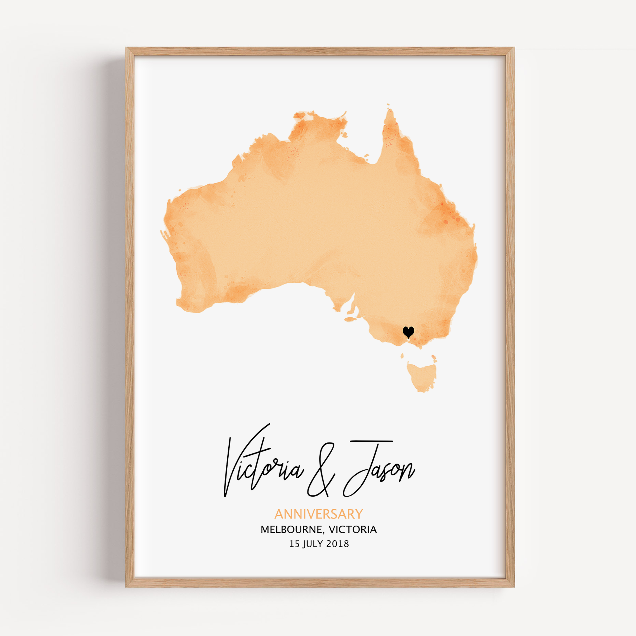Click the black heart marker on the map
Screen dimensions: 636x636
[408, 331]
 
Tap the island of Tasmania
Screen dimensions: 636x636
[422, 375]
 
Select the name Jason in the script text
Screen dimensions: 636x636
[378, 467]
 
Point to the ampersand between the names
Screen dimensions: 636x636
[321, 471]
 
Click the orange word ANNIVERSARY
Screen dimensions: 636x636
[318, 514]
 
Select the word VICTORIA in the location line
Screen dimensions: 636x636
[353, 530]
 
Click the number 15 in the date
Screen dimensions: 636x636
[294, 544]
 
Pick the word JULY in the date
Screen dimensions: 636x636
[313, 544]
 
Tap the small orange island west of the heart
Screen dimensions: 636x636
[350, 319]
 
